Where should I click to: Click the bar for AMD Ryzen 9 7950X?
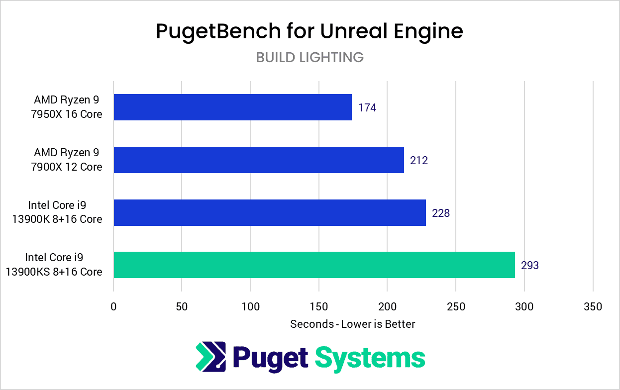pos(232,107)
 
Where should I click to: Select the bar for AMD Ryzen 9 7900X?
pos(259,160)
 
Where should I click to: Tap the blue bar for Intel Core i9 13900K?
pos(270,212)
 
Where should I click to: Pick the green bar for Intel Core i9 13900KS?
pos(314,265)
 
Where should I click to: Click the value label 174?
pos(367,107)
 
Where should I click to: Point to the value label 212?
pos(419,160)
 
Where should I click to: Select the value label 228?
pos(441,213)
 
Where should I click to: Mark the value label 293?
pos(530,266)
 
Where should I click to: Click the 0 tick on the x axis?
pos(114,307)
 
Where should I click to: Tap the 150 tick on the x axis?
pos(319,307)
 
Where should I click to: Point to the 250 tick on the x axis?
pos(456,307)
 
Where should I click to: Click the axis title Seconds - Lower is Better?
pos(352,324)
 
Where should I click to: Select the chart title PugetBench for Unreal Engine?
pos(310,31)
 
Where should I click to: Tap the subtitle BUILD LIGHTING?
pos(310,58)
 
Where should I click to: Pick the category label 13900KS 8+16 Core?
pos(54,272)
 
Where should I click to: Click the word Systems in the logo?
pos(370,357)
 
